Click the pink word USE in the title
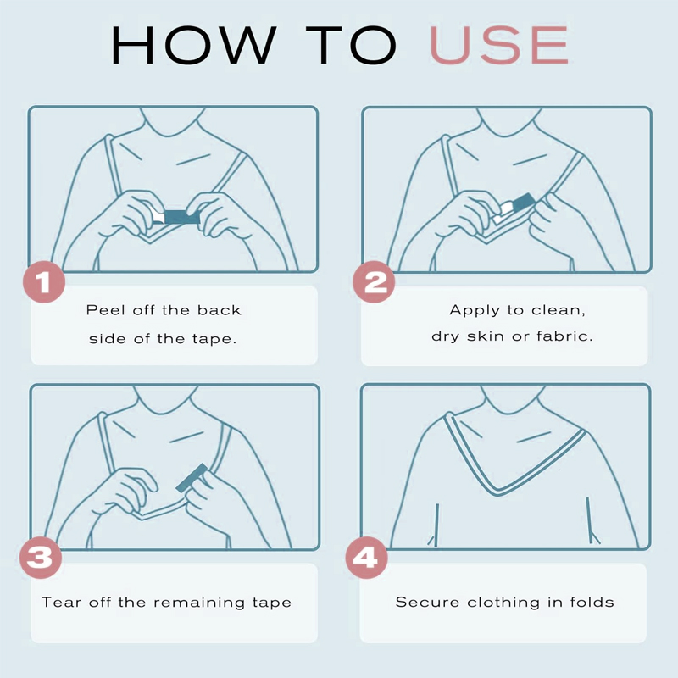[499, 45]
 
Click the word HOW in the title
[194, 45]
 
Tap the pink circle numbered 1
[44, 282]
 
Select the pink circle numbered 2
[374, 282]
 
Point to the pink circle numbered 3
[41, 558]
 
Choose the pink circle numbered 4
[367, 558]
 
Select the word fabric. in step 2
[564, 336]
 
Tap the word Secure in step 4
[427, 602]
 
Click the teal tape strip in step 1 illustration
[181, 217]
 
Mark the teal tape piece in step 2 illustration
[522, 203]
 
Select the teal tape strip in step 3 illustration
[192, 478]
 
